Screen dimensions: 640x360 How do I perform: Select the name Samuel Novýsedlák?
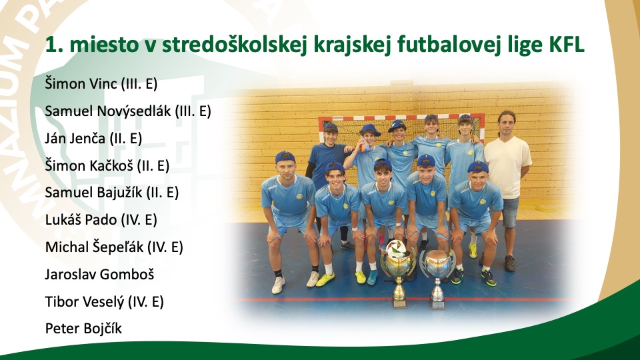click(108, 111)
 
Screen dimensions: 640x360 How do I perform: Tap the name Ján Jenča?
click(75, 139)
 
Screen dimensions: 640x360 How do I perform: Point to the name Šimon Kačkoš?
click(89, 166)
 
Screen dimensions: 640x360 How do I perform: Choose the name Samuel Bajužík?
click(93, 193)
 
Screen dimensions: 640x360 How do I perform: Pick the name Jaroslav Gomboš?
click(99, 274)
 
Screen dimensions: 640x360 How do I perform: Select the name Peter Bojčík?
click(83, 329)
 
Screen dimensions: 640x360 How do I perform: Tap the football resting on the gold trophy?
click(396, 248)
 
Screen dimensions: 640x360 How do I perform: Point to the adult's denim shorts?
click(510, 212)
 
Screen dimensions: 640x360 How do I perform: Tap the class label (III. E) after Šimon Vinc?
click(139, 84)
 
